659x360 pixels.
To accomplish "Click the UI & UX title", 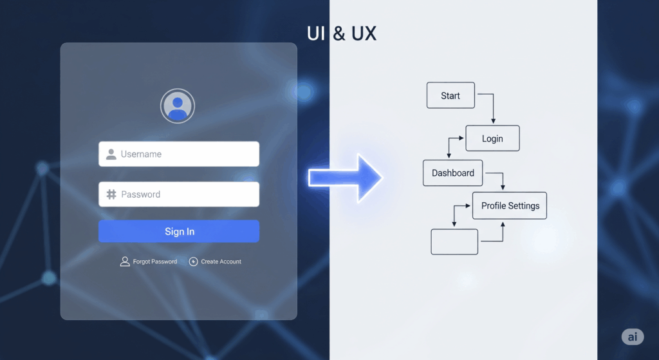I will (x=342, y=33).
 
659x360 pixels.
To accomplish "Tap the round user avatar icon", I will (x=178, y=106).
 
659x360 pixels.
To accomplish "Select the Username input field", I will (x=179, y=155).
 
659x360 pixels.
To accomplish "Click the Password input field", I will (x=179, y=194).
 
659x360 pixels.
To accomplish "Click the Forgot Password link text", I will (x=155, y=261).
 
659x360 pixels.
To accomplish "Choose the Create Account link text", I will (x=221, y=261).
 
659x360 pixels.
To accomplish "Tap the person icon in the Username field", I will (x=111, y=155).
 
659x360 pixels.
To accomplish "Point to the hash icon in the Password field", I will (x=111, y=194).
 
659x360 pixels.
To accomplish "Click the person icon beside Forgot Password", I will (x=125, y=261).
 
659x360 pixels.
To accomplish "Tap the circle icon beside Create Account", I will (x=193, y=261).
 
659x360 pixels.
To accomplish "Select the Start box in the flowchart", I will (x=450, y=95).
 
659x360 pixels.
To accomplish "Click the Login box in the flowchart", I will (x=492, y=138).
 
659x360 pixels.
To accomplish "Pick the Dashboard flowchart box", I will (x=453, y=173).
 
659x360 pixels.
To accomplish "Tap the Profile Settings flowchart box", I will (x=510, y=206).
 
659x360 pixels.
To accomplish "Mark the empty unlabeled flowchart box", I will (x=454, y=242).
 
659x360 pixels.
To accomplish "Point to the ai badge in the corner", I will (x=632, y=337).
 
